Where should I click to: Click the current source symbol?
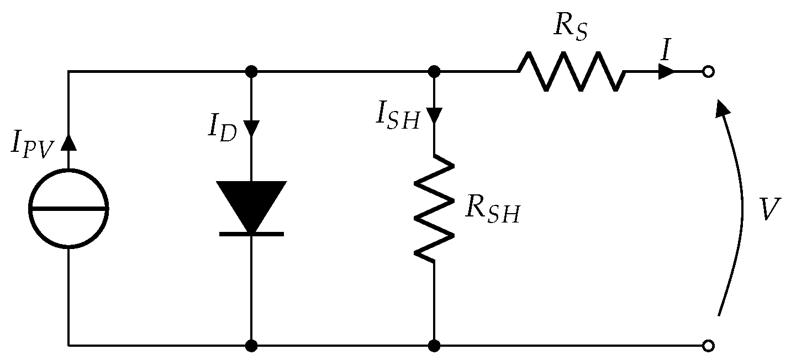[x=68, y=209]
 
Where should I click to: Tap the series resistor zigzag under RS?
[x=572, y=71]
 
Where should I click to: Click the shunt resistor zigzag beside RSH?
[x=434, y=210]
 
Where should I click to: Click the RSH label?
[x=492, y=209]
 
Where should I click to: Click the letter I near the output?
[x=665, y=50]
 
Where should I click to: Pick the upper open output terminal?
[x=708, y=71]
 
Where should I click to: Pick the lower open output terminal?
[x=708, y=346]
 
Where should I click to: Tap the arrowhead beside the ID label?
[x=251, y=128]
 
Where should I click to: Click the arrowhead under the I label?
[x=667, y=71]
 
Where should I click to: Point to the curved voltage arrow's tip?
[x=720, y=105]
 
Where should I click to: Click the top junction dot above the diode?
[x=251, y=71]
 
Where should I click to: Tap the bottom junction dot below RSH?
[x=434, y=346]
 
